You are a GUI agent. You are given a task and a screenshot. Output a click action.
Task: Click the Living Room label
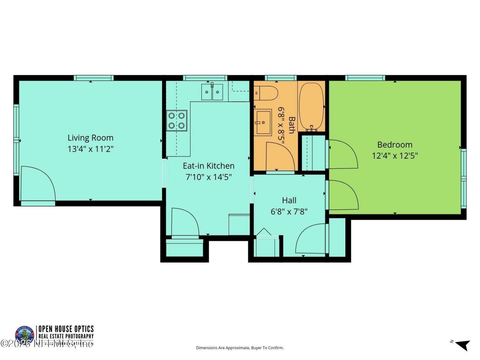[x=90, y=138]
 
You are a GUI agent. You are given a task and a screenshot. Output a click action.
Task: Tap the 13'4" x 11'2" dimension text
[x=90, y=149]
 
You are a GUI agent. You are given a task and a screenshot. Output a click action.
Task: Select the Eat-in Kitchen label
[x=208, y=166]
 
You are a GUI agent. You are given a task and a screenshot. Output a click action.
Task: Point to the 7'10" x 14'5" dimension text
[x=208, y=177]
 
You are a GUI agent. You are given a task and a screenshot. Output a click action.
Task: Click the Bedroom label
[x=394, y=144]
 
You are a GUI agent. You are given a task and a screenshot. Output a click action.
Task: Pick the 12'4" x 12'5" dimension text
[x=394, y=155]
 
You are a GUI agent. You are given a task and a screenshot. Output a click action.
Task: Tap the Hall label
[x=289, y=200]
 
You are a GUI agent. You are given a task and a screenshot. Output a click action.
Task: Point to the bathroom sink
[x=263, y=122]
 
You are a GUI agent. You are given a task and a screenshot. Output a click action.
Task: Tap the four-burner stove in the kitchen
[x=177, y=120]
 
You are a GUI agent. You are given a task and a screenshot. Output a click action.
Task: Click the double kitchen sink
[x=212, y=92]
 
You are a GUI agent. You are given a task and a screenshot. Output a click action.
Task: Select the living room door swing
[x=37, y=184]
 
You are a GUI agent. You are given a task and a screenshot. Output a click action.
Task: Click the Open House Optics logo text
[x=65, y=329]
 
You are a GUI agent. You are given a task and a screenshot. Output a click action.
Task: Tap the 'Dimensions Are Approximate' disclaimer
[x=240, y=348]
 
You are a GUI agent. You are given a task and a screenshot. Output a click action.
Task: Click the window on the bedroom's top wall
[x=365, y=78]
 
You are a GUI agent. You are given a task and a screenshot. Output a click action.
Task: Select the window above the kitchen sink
[x=205, y=78]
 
